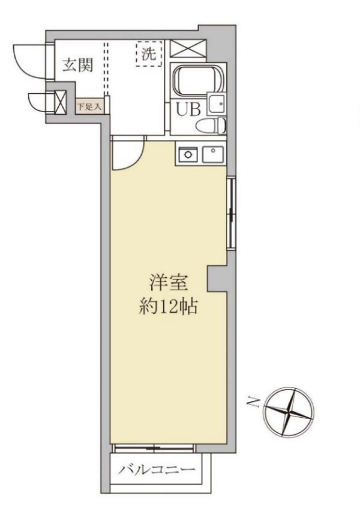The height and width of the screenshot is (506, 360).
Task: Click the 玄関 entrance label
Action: (x=78, y=65)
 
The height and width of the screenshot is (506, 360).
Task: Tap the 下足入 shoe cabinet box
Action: (x=89, y=106)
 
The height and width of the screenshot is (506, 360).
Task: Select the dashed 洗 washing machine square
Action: (x=149, y=54)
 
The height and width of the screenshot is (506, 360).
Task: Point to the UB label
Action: (x=188, y=109)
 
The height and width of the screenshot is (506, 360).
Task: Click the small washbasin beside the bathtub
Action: (x=217, y=103)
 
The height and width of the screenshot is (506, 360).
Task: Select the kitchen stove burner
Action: (x=189, y=154)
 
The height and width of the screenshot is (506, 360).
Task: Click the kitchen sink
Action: (x=213, y=154)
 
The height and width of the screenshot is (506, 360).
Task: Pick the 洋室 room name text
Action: (x=168, y=282)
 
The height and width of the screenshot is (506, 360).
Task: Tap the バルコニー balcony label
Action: (x=156, y=469)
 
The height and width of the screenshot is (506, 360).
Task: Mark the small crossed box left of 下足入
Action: (x=61, y=102)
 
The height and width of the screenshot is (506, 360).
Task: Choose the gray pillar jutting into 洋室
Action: (x=217, y=279)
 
